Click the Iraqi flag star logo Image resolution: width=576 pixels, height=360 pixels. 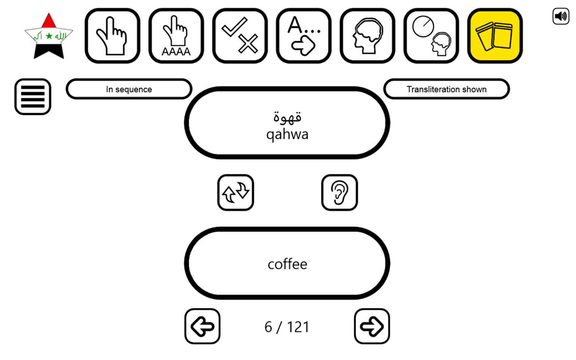coord(48,36)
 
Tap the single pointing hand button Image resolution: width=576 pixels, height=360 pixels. coord(112,36)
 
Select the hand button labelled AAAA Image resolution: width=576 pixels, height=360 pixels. coord(176,36)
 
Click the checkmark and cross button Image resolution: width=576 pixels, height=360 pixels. coord(240,36)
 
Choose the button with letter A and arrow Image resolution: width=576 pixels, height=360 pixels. coord(304,36)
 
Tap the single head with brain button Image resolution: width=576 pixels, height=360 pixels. coord(368,36)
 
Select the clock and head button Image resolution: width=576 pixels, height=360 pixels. coord(432,36)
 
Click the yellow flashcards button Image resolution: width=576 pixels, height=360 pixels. coord(495,36)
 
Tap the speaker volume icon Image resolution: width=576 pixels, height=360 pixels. coord(561,16)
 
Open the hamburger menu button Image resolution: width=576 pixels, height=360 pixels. coord(32,97)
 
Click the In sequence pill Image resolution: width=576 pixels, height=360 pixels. coord(129,89)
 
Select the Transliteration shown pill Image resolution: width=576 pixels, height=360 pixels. coord(447,89)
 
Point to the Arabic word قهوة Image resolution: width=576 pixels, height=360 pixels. coord(287,117)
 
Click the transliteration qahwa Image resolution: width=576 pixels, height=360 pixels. coord(287,134)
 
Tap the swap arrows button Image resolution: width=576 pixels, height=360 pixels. coord(236,192)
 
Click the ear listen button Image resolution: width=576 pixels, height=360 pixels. coord(340,192)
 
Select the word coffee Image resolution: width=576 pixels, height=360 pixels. coord(287,264)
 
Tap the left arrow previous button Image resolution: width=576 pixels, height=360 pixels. coord(202,326)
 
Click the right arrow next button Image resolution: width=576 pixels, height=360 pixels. coord(372,326)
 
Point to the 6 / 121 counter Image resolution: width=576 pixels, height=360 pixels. coord(287,327)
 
